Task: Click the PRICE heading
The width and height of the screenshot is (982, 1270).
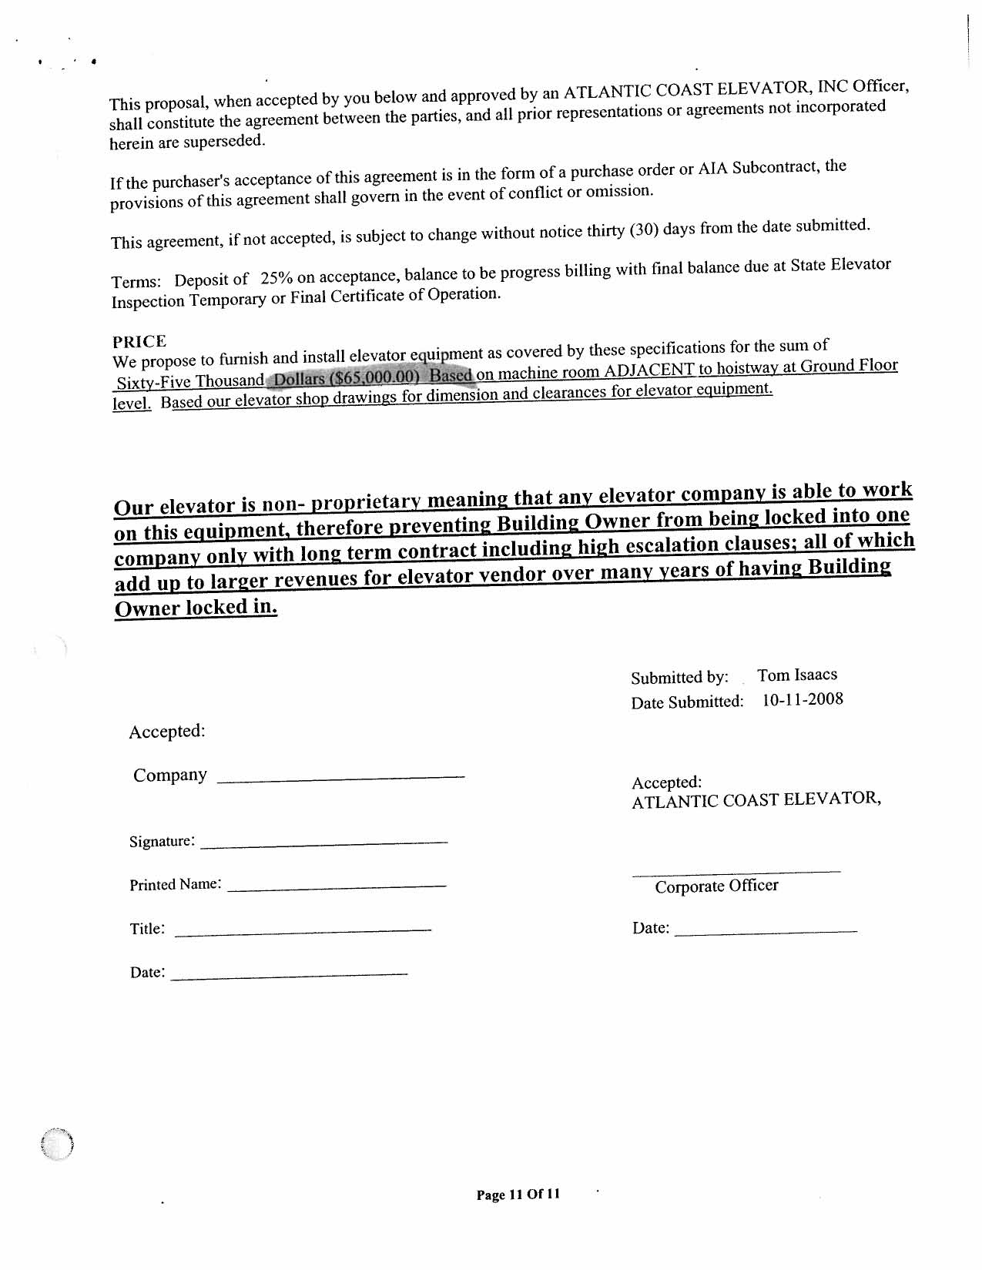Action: click(139, 342)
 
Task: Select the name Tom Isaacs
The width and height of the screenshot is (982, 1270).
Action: click(796, 675)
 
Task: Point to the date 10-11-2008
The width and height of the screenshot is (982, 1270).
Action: click(803, 699)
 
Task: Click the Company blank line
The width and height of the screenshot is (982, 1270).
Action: click(341, 779)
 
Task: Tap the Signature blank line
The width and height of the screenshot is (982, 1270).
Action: click(323, 845)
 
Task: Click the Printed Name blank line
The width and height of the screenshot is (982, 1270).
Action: click(337, 888)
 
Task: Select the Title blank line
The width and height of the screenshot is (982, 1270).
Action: click(303, 932)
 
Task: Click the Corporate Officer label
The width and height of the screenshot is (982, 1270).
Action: click(716, 886)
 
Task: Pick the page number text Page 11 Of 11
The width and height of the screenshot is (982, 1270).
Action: click(518, 1195)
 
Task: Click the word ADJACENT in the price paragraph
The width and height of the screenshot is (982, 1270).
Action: click(649, 370)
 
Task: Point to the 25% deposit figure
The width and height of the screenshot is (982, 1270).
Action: click(277, 278)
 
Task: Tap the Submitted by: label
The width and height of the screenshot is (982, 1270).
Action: click(679, 678)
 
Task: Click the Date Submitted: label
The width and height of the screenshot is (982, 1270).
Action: click(687, 702)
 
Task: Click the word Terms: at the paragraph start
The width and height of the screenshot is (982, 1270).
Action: click(136, 282)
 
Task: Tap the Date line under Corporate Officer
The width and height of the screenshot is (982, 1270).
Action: click(766, 932)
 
